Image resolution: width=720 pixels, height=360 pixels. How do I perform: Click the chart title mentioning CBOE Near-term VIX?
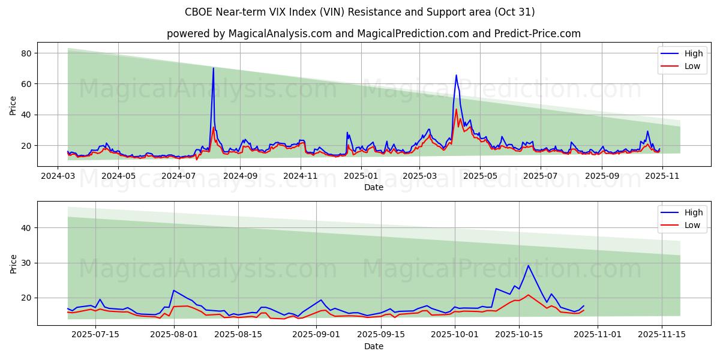coord(360,12)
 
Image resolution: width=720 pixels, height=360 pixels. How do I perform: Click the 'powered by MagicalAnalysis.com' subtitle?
coord(373,34)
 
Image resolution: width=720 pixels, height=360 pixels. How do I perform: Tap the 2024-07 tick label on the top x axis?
coord(179,176)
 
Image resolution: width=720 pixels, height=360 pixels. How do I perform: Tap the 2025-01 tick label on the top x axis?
coord(361,176)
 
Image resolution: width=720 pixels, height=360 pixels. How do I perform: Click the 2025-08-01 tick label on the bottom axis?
coord(174,335)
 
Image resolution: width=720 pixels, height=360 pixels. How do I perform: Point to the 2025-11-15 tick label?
coord(662,335)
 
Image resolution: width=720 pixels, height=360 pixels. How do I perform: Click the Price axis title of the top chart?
coord(13,105)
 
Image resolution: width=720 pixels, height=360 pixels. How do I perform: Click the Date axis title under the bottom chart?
coord(373,346)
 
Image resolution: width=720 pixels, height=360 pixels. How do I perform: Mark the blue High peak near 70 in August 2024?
coord(213,68)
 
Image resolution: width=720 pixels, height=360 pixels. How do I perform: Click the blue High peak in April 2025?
coord(456,75)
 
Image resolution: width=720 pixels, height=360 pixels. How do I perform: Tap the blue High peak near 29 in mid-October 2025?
coord(528,265)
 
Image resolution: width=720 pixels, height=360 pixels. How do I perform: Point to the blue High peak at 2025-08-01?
coord(174,290)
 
